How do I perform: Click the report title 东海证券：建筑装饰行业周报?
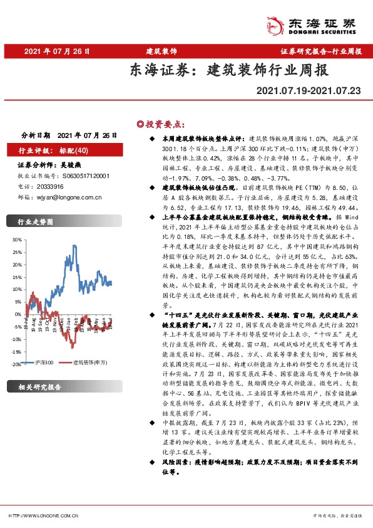228,70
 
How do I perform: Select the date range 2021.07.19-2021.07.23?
309,92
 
